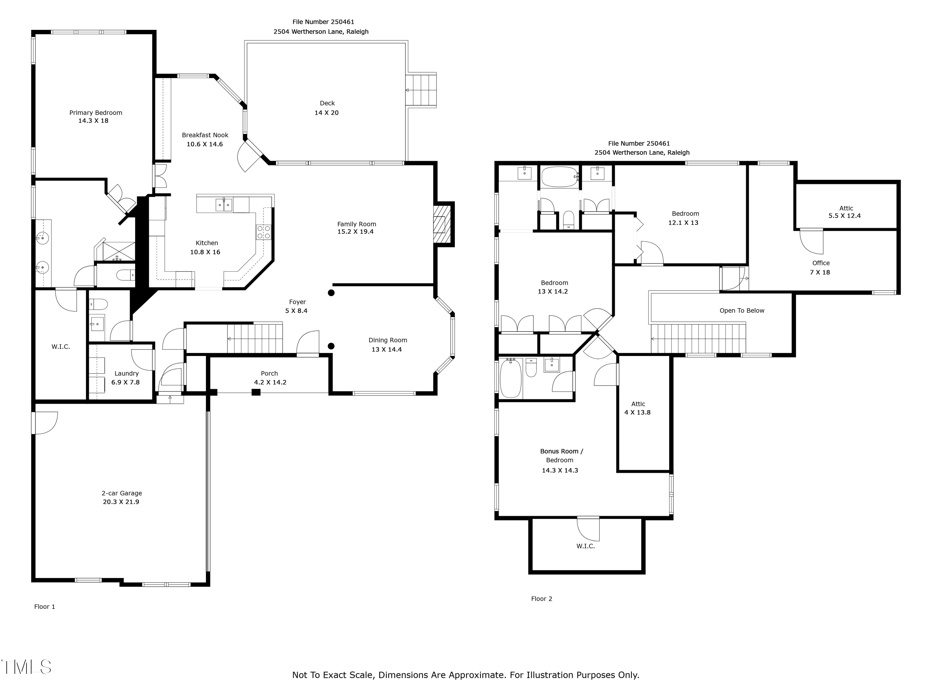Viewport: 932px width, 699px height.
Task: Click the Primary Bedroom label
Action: coord(96,113)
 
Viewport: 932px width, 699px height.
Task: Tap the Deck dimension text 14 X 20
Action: coord(327,113)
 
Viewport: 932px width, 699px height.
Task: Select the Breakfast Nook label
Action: coord(205,135)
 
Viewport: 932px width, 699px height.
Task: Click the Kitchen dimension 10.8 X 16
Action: coord(205,252)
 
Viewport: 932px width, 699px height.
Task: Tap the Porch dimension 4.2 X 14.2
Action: coord(270,382)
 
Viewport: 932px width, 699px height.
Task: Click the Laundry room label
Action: coord(126,374)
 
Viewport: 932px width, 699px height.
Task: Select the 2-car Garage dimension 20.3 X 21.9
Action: coord(121,502)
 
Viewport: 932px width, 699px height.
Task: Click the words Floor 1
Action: coord(45,607)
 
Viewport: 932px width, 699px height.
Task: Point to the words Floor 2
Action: coord(541,599)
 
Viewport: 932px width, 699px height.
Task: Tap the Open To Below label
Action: coord(742,311)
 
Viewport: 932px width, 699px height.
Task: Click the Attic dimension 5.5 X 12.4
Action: coord(845,216)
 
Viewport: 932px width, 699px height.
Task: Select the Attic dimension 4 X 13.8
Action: coord(637,413)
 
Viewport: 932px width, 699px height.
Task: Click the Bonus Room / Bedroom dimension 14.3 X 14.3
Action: coord(560,471)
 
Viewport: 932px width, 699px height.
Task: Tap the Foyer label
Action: coord(298,302)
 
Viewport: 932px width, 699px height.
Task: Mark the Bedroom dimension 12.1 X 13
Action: coord(683,223)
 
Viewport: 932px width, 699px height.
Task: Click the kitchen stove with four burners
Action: coord(264,232)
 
